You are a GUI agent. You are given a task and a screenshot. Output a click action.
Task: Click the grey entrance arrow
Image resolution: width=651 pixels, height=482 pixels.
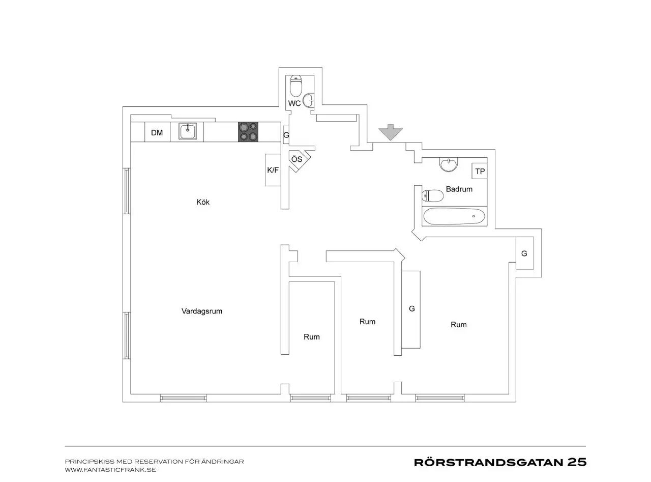coord(390,132)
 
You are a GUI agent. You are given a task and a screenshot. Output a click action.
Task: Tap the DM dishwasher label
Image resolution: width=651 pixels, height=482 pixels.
coord(157,133)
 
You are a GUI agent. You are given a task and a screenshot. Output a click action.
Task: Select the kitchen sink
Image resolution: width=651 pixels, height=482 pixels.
coord(188,131)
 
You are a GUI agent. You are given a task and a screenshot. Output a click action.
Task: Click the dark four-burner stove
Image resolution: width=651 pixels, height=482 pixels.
coord(248,132)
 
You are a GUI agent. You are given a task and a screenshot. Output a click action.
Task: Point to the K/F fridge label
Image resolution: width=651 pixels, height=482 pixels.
coord(273,170)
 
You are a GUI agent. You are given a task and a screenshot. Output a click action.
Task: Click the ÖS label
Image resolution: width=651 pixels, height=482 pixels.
coord(297,159)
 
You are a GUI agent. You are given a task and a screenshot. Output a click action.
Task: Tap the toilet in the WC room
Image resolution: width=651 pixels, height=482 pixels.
coord(295,86)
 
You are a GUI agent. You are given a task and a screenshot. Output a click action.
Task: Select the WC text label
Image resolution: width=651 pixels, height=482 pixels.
coord(294,103)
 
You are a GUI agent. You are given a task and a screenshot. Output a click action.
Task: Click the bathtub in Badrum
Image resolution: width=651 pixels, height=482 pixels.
coord(454,216)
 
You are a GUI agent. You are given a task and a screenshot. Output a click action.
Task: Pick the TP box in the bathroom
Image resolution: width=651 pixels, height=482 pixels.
coord(480,171)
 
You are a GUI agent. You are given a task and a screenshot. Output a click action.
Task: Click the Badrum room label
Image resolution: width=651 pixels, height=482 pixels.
coord(459,189)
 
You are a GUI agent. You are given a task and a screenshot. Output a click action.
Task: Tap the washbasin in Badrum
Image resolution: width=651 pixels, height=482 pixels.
coord(448,164)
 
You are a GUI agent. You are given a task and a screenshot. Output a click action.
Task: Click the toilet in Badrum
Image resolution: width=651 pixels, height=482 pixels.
coord(433,196)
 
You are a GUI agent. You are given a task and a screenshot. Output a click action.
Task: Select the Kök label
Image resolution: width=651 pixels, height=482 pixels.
coord(203,202)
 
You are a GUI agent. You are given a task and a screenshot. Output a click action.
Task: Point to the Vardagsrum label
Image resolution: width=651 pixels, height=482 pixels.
coord(202,311)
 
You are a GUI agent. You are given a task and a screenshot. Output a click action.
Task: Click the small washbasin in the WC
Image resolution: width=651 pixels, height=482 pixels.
coord(309,100)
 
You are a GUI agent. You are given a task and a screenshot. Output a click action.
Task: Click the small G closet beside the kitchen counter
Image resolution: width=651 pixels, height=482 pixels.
coord(286,135)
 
